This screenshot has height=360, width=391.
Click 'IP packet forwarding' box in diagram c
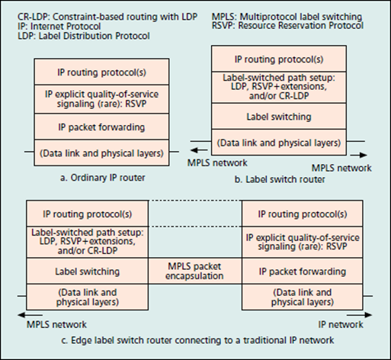300,271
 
